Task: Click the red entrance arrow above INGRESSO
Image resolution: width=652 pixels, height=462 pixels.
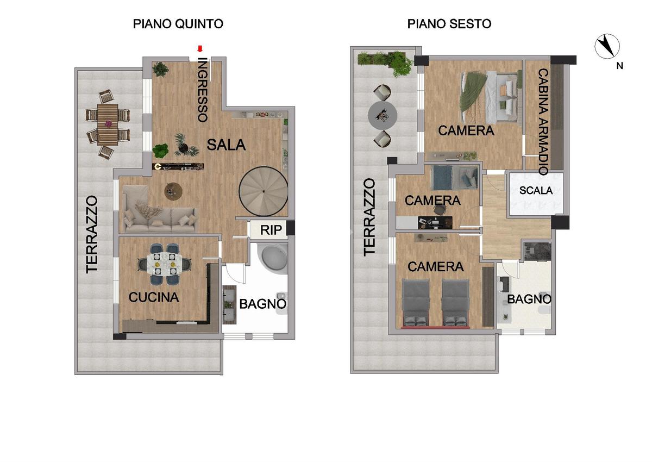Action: (200, 48)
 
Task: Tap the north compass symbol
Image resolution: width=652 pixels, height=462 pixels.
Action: (607, 46)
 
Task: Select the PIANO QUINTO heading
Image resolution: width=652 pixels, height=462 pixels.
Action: (178, 24)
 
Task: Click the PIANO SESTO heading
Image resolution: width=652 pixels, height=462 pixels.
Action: (449, 24)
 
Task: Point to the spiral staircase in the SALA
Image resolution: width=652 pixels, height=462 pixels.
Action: (264, 191)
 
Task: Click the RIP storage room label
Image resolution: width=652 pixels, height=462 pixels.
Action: (271, 230)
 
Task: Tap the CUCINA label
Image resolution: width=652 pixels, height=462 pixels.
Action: (154, 297)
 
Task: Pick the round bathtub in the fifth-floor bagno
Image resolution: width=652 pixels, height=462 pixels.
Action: (274, 258)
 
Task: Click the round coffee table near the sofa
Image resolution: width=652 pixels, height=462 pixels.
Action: (173, 191)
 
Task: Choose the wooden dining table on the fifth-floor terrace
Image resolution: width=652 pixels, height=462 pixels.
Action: (108, 124)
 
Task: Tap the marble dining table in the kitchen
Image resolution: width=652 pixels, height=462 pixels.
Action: (165, 264)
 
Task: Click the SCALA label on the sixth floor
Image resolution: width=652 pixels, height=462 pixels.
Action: (536, 190)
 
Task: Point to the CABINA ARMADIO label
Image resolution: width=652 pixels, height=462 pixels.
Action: (543, 122)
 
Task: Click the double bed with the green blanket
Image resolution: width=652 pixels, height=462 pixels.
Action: (491, 97)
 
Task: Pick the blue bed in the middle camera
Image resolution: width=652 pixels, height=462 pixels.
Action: (454, 178)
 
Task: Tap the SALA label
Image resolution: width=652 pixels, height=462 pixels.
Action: (226, 145)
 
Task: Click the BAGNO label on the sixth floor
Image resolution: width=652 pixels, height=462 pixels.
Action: (529, 299)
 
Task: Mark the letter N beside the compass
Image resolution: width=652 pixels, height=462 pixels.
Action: (620, 66)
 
